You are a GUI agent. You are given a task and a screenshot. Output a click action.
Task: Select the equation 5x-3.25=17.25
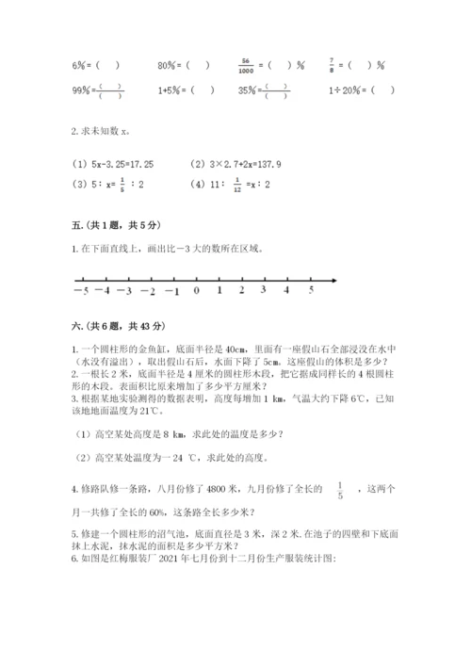click(113, 163)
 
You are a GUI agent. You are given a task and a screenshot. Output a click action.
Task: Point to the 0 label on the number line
click(196, 290)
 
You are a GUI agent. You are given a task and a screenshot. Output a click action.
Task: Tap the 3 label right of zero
click(265, 290)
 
